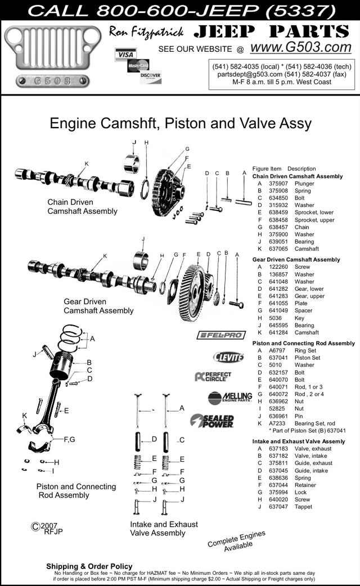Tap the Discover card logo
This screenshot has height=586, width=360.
151,76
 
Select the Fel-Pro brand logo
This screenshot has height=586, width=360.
221,335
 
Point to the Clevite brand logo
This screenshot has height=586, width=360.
228,357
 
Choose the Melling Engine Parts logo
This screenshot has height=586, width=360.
229,398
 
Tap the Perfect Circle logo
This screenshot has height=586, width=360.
212,377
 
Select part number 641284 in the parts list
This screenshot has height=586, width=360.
278,332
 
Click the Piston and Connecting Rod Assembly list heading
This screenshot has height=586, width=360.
304,343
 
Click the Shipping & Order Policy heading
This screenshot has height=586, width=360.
89,566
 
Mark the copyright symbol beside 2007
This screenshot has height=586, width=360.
35,526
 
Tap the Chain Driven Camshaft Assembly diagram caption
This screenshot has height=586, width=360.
82,206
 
